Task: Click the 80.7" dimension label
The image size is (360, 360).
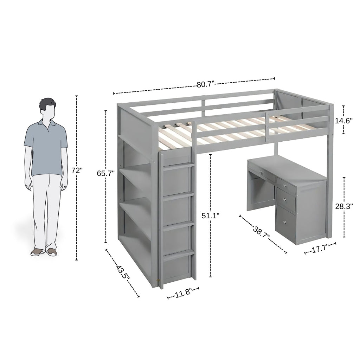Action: point(205,84)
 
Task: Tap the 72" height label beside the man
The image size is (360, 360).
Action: point(77,171)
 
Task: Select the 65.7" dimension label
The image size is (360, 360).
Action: point(105,173)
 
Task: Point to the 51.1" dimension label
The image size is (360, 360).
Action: point(211,216)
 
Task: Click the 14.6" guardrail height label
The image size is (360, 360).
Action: point(344,121)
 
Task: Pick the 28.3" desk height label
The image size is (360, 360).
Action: point(344,206)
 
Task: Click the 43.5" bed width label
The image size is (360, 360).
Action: point(123,273)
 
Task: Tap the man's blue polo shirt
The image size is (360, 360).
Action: point(46,148)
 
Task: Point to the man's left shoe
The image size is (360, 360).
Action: point(52,252)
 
